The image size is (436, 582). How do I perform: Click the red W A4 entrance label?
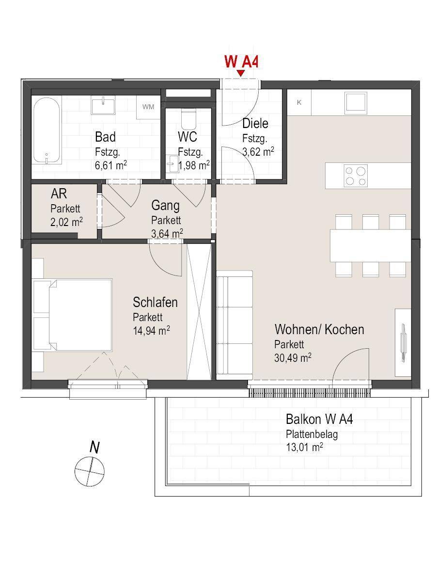pyautogui.click(x=241, y=61)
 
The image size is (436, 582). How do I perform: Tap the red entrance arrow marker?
pyautogui.click(x=240, y=73)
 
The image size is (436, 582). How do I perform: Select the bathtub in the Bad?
pyautogui.click(x=47, y=130)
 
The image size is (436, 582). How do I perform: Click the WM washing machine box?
pyautogui.click(x=148, y=107)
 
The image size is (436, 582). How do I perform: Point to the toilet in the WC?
pyautogui.click(x=188, y=118)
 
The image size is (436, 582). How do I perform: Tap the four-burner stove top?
pyautogui.click(x=356, y=175)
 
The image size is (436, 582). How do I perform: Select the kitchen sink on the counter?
pyautogui.click(x=356, y=103)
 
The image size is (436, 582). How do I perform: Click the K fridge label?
pyautogui.click(x=299, y=102)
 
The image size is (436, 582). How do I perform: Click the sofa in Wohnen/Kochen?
pyautogui.click(x=234, y=325)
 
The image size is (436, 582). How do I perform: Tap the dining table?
pyautogui.click(x=370, y=245)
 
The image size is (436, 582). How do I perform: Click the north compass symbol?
pyautogui.click(x=90, y=472)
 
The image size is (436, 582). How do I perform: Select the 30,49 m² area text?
pyautogui.click(x=293, y=357)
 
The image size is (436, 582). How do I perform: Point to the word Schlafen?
pyautogui.click(x=155, y=302)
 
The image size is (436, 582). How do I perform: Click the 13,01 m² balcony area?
pyautogui.click(x=304, y=447)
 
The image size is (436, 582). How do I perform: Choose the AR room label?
pyautogui.click(x=59, y=194)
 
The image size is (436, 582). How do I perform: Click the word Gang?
pyautogui.click(x=166, y=206)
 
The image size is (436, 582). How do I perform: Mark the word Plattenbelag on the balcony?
pyautogui.click(x=312, y=435)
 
